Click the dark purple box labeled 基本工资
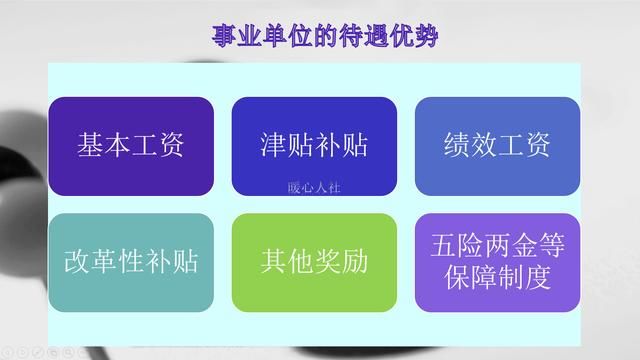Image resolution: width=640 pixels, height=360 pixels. point(131,146)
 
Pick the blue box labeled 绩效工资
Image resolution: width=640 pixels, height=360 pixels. point(497,146)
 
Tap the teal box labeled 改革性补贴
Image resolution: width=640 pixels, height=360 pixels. point(131,262)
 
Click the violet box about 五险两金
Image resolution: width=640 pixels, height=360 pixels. point(497,262)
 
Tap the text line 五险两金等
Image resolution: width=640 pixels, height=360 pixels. point(497,245)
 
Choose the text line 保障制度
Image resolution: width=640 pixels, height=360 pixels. point(497,279)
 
